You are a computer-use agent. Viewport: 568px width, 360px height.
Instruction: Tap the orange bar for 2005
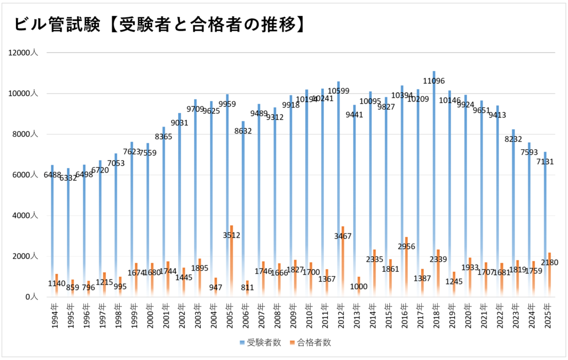pos(231,261)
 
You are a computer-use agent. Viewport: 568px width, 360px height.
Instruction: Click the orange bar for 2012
pos(343,261)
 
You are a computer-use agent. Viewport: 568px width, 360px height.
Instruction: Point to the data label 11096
pos(434,81)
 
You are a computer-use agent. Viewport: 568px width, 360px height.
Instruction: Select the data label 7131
pos(545,161)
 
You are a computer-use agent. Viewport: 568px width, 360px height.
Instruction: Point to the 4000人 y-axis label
pos(26,215)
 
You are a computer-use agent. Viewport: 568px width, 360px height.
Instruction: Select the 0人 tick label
pos(31,297)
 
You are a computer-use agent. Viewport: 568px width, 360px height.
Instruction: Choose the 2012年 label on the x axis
pos(341,316)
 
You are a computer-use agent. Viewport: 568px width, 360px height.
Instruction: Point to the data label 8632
pos(243,131)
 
